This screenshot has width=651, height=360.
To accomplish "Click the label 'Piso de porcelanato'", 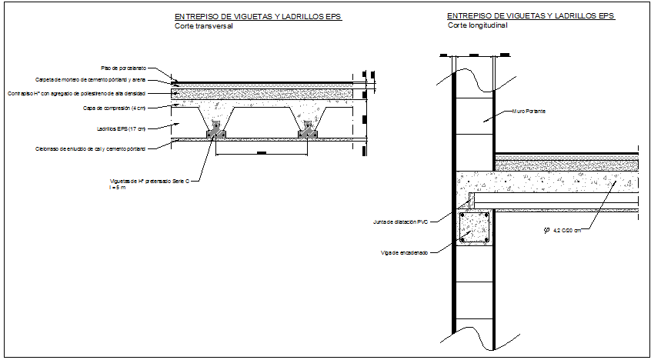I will [124, 68].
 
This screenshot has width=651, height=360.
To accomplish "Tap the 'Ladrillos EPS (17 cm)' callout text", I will [121, 128].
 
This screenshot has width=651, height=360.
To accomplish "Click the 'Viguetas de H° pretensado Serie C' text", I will [155, 182].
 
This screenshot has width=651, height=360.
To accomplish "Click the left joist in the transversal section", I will [216, 130].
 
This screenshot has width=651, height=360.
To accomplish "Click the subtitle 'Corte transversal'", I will [203, 26].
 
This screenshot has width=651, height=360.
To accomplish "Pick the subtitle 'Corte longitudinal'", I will [477, 25].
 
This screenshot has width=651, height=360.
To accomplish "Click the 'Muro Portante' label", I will [529, 112].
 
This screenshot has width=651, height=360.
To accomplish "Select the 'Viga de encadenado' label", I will [403, 252].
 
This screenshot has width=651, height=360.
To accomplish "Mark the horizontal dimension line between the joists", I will [262, 155].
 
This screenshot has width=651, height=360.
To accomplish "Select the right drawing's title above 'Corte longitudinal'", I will [531, 15].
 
